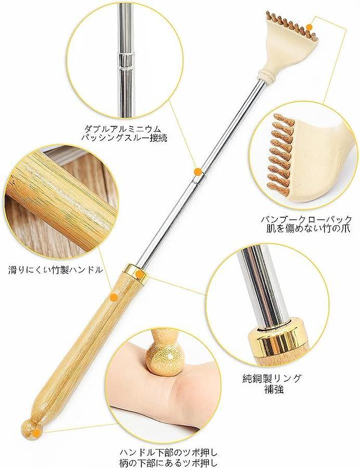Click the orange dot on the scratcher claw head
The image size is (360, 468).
click(x=310, y=27)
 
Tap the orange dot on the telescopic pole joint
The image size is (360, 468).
click(x=197, y=171)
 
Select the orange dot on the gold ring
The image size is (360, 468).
click(x=138, y=274)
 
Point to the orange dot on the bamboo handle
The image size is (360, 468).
click(x=113, y=297)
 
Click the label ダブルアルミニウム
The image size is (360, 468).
click(x=123, y=129)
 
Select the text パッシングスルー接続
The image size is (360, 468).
click(x=124, y=138)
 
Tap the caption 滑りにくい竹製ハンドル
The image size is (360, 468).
click(x=56, y=270)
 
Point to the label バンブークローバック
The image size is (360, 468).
click(x=306, y=219)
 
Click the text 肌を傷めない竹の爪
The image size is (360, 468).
click(x=308, y=229)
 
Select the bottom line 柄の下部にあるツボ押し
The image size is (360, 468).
click(x=169, y=462)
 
